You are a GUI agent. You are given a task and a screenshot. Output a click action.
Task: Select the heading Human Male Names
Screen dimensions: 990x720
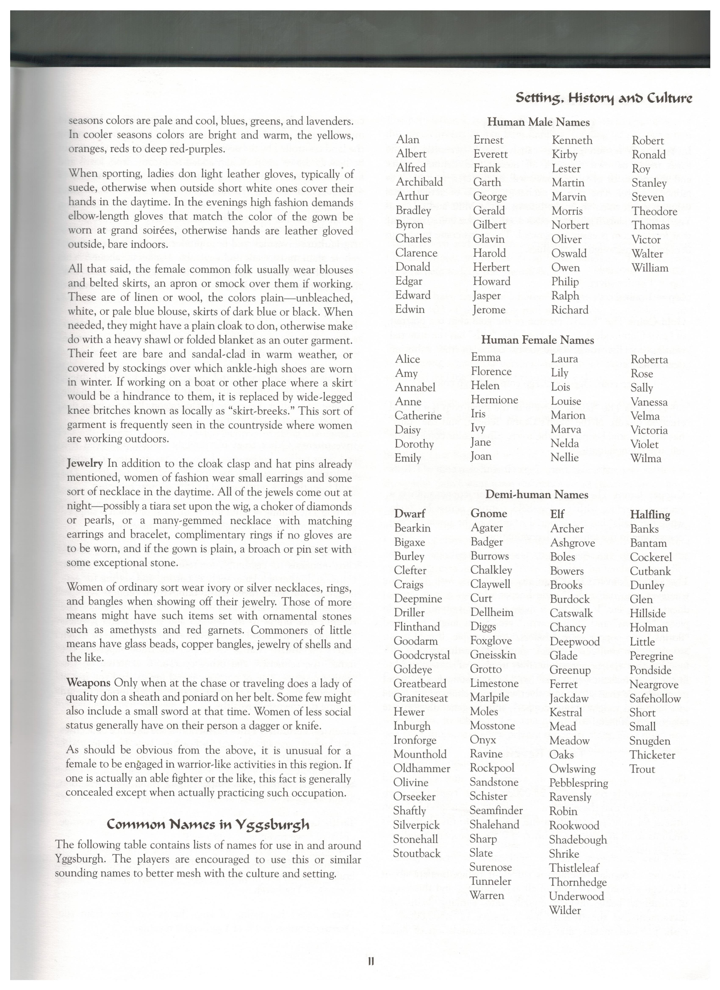pyautogui.click(x=538, y=122)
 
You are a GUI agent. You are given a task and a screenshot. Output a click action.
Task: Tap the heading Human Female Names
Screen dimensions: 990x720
pyautogui.click(x=537, y=340)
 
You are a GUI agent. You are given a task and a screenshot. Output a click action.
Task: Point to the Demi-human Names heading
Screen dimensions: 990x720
pyautogui.click(x=537, y=494)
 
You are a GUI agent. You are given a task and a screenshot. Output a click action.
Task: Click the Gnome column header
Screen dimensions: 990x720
pyautogui.click(x=489, y=513)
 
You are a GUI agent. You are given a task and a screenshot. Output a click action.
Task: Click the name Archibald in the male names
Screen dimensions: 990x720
pyautogui.click(x=419, y=182)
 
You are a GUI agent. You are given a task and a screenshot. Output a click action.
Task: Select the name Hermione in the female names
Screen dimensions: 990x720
pyautogui.click(x=494, y=400)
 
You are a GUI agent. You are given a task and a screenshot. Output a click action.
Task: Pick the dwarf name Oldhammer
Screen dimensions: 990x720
pyautogui.click(x=421, y=768)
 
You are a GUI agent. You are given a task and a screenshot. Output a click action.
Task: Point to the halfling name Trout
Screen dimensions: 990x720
pyautogui.click(x=642, y=769)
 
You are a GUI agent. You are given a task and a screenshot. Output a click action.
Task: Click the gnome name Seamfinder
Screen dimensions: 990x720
pyautogui.click(x=496, y=811)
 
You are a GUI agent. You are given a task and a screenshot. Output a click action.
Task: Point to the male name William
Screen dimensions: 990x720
pyautogui.click(x=650, y=268)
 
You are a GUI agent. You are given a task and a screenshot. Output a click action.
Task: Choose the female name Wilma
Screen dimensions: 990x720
pyautogui.click(x=645, y=458)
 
